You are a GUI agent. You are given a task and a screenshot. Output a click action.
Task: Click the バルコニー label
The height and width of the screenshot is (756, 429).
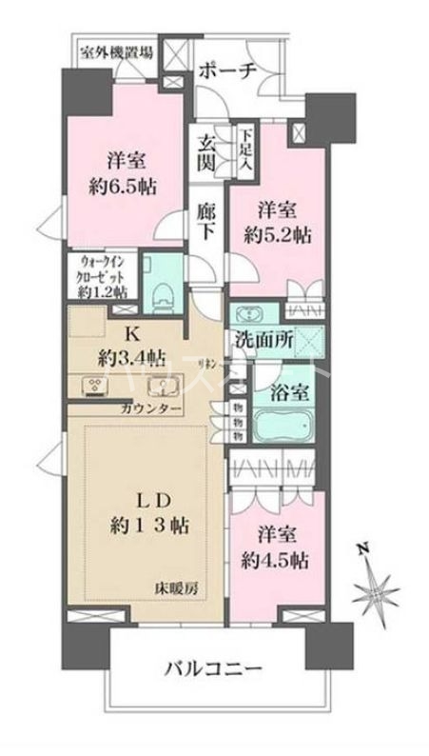coord(218,668)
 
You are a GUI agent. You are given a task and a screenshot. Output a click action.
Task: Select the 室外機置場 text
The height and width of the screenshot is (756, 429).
coord(115,52)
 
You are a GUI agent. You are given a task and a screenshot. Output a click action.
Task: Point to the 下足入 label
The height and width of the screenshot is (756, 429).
coord(244,149)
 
